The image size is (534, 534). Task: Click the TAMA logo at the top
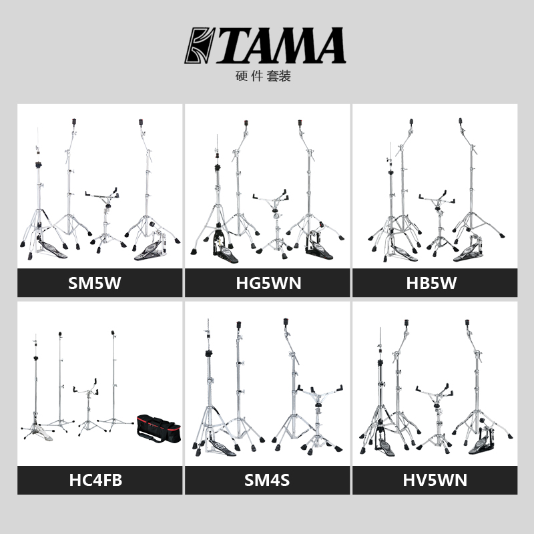[265, 45]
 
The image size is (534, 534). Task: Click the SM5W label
[99, 283]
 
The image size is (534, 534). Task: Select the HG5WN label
[267, 283]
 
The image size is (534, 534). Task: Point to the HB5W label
[435, 283]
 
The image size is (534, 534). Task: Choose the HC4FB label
[99, 480]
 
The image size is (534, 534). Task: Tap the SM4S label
[267, 480]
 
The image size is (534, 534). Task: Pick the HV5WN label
[435, 480]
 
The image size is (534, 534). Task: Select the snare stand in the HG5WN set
[274, 224]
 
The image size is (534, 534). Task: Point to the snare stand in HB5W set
[438, 220]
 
